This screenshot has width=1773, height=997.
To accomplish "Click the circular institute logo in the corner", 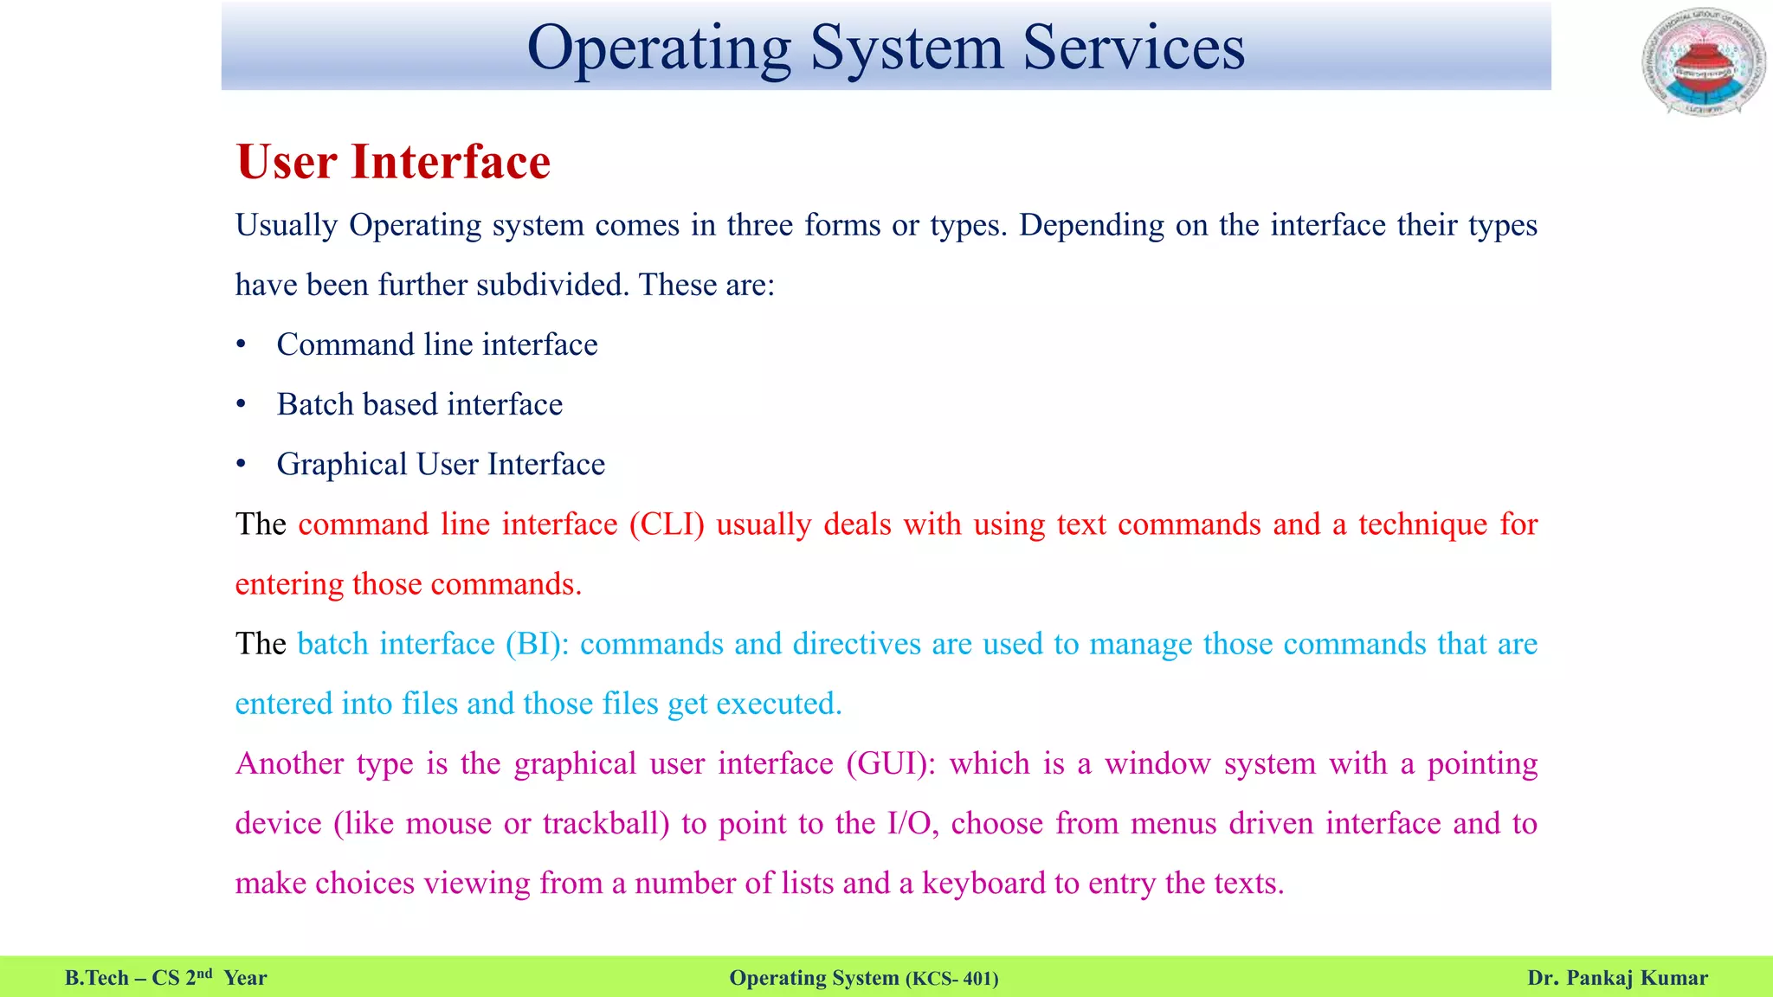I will [1704, 62].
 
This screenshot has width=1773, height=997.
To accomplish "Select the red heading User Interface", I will [393, 162].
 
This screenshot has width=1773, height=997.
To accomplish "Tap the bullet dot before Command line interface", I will [242, 345].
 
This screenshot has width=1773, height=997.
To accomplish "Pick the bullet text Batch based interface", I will [419, 404].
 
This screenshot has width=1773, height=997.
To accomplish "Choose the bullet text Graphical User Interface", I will [441, 464].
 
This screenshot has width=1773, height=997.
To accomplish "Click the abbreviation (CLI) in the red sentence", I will [667, 524].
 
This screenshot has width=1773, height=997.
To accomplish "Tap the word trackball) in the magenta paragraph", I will [606, 823].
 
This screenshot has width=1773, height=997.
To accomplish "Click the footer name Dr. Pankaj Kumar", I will [1617, 978].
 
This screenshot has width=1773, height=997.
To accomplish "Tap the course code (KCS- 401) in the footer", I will [951, 979].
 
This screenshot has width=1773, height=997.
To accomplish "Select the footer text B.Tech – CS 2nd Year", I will [165, 978].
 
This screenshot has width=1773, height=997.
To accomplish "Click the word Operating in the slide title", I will [659, 48].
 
